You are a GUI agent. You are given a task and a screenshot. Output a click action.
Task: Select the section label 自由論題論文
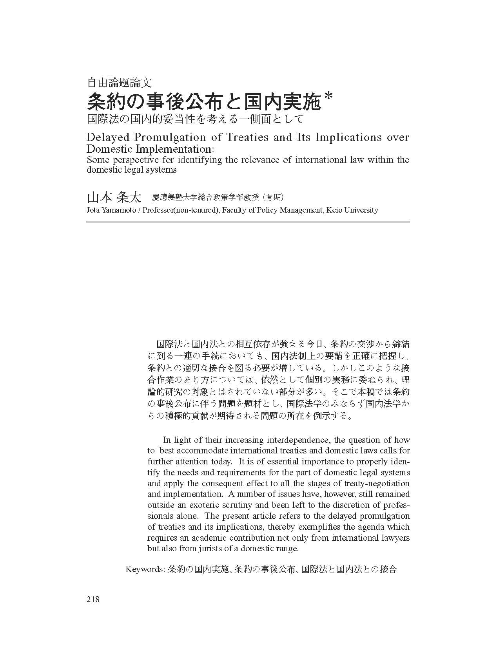pos(119,83)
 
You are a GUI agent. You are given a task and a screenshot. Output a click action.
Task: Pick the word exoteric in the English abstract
pos(206,505)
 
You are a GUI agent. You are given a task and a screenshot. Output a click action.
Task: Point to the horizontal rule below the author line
pos(248,222)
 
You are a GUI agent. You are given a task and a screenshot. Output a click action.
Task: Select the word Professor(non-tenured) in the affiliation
pos(180,210)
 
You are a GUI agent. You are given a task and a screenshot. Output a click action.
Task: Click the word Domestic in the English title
pos(109,149)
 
